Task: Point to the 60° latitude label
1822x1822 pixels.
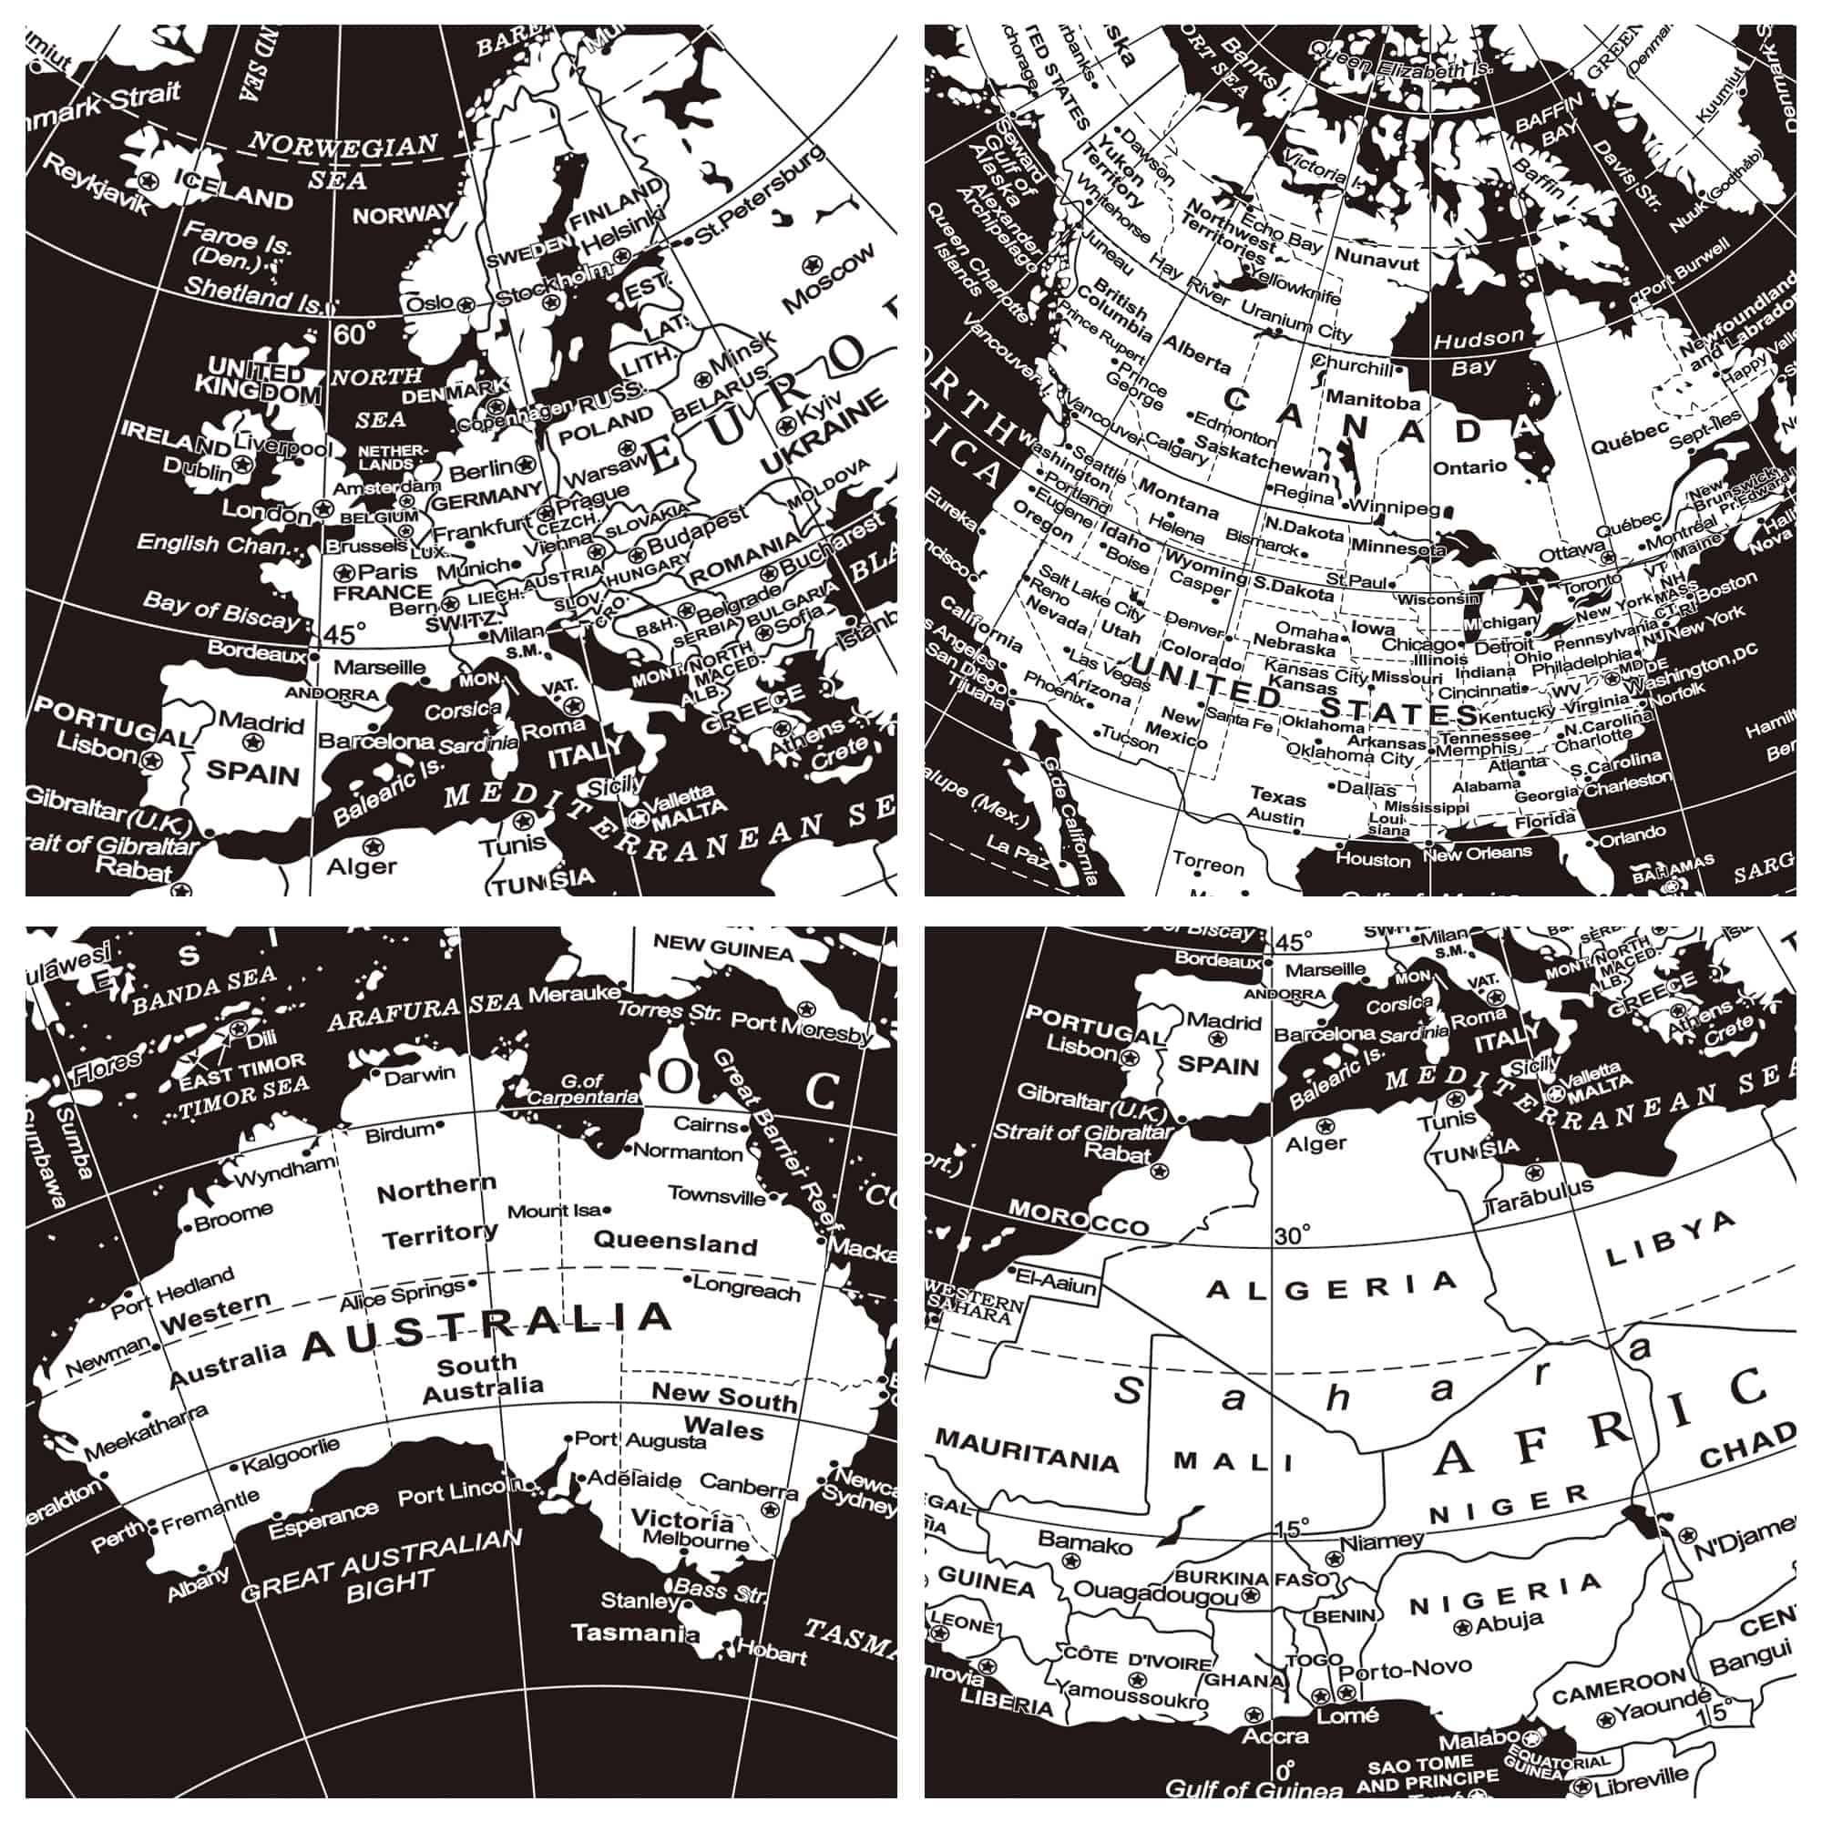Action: click(x=354, y=333)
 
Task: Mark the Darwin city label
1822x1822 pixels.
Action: click(x=420, y=1074)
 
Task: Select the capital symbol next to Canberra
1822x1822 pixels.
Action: click(x=771, y=1510)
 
